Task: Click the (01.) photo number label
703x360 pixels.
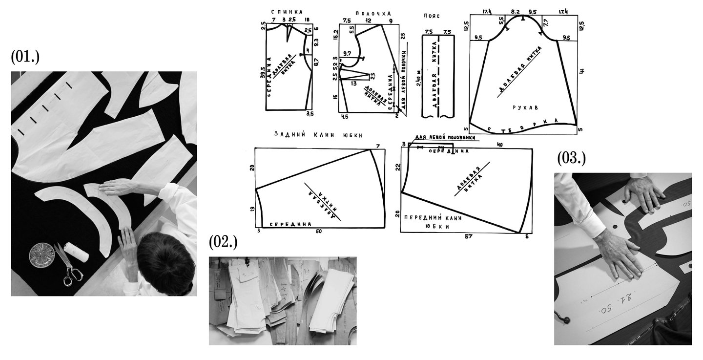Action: (x=25, y=57)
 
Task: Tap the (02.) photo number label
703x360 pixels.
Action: (x=223, y=242)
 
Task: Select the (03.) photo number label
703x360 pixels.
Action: (x=571, y=158)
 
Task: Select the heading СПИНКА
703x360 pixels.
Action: (x=287, y=12)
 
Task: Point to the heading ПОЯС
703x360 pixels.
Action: (x=433, y=16)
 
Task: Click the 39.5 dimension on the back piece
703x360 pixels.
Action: (x=263, y=72)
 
